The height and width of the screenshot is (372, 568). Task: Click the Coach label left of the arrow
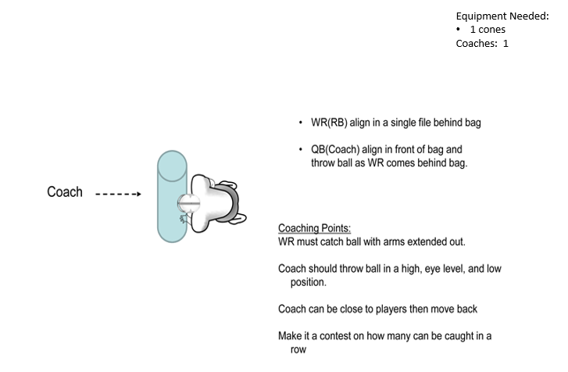tap(65, 192)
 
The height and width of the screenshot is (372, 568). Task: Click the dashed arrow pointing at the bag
tap(118, 194)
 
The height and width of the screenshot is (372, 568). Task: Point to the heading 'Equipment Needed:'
tap(502, 16)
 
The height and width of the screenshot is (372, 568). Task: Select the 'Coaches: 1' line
tap(481, 44)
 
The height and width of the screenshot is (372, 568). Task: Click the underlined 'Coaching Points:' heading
tap(314, 228)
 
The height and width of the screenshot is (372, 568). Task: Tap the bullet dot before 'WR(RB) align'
tap(301, 124)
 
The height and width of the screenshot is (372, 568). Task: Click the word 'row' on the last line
tap(298, 350)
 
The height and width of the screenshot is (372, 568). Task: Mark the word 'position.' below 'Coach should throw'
tap(308, 282)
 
